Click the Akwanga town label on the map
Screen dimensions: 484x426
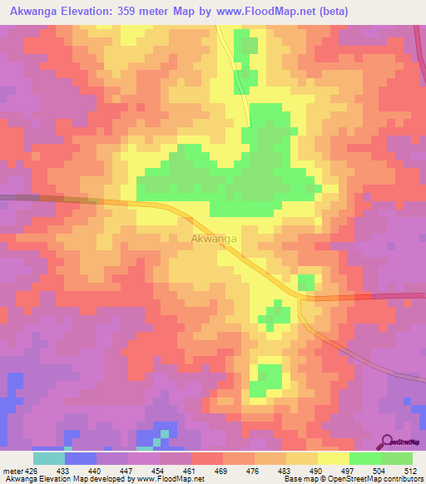coord(214,239)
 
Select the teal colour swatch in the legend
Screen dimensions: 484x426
coord(49,458)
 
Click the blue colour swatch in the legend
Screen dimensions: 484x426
coord(81,458)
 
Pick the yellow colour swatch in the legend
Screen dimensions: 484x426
coord(334,458)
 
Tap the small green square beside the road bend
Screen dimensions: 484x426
coord(306,282)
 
